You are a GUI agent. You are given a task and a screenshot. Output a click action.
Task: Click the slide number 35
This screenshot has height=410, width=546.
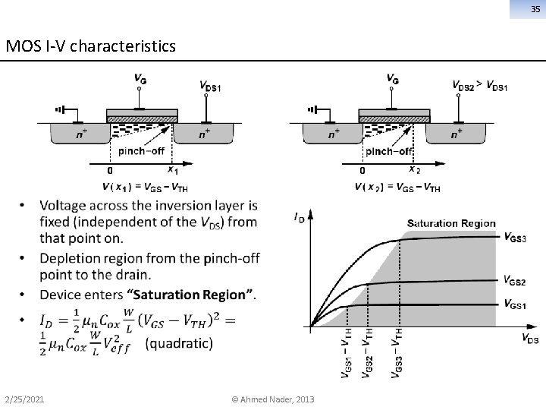tap(535, 10)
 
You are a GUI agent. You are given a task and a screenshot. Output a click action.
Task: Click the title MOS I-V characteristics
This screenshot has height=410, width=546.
tap(90, 47)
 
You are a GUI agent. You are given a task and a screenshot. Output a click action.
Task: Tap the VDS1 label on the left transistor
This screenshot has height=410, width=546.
tap(209, 86)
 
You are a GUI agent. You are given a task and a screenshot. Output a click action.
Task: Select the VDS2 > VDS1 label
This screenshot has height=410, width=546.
tap(479, 85)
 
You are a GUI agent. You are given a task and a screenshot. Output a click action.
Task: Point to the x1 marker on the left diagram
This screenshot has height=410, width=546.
tap(172, 169)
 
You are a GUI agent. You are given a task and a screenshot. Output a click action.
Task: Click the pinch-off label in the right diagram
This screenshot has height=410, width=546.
tap(389, 151)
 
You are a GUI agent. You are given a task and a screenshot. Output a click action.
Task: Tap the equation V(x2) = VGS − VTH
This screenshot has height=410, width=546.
tap(397, 186)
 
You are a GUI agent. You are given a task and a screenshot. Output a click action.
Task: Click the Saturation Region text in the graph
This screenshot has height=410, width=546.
tap(450, 223)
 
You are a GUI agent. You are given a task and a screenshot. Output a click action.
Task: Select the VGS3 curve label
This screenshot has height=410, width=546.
tap(515, 237)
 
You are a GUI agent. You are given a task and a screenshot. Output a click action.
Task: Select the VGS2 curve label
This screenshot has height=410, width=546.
tap(515, 282)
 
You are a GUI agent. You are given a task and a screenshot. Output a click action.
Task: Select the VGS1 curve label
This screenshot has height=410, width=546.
tap(515, 304)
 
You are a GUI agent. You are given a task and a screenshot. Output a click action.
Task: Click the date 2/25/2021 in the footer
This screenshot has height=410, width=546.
tap(24, 399)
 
